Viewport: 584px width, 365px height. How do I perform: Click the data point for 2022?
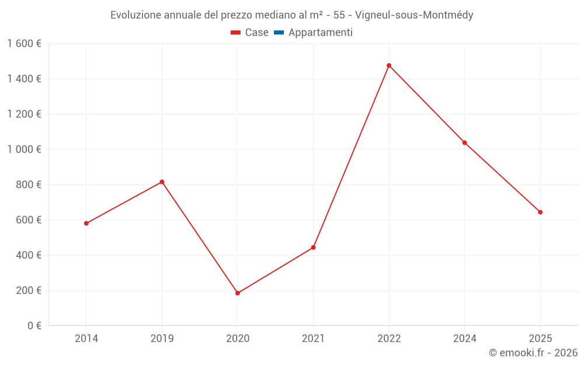click(x=389, y=65)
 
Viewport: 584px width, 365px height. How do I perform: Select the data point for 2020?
click(x=238, y=293)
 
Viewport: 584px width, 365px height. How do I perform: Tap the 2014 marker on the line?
click(x=86, y=223)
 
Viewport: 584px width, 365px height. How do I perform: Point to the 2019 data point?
click(x=162, y=182)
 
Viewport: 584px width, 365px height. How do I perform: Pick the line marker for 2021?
click(x=313, y=248)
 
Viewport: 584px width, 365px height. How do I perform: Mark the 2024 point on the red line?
click(x=465, y=142)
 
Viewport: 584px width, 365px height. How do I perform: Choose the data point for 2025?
click(x=540, y=212)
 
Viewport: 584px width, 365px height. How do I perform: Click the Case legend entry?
click(x=250, y=33)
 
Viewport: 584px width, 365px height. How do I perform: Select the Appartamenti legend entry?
click(x=314, y=33)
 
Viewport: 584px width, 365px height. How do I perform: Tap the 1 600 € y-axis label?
click(x=24, y=44)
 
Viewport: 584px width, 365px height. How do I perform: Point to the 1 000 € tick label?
click(x=24, y=150)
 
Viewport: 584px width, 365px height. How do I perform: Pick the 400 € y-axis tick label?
click(x=27, y=255)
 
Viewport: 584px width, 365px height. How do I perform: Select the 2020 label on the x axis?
click(x=238, y=339)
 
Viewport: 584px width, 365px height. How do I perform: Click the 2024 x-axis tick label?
click(x=465, y=339)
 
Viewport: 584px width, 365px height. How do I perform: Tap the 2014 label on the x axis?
click(x=86, y=339)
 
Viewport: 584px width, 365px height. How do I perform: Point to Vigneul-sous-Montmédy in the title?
click(x=414, y=15)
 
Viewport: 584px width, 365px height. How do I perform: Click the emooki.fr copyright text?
click(x=533, y=353)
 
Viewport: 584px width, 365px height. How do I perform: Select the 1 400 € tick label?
click(x=24, y=79)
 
